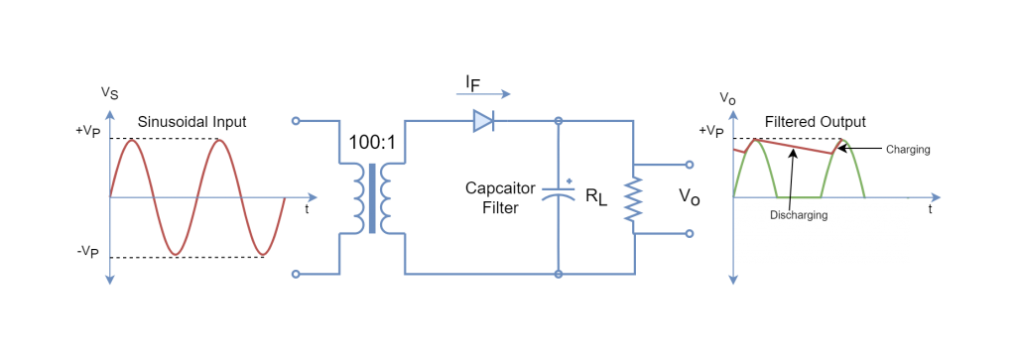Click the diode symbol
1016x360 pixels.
point(483,121)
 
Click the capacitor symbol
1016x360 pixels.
point(559,195)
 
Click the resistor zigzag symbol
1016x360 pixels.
point(632,198)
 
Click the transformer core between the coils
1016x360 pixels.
point(372,197)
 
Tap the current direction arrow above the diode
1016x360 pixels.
point(483,94)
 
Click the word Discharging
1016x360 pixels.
point(799,215)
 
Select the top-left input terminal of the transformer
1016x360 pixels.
point(296,121)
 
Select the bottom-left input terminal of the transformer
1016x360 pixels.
point(296,273)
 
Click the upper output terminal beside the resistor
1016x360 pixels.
point(690,165)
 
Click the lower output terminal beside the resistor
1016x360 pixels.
point(690,234)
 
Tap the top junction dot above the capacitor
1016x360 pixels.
point(559,121)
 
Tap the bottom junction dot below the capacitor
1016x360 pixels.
point(559,273)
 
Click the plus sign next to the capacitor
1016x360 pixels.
point(570,180)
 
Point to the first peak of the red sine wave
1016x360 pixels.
point(132,141)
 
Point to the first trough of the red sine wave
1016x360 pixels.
point(176,254)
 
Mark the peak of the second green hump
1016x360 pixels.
point(842,140)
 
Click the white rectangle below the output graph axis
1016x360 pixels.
point(822,238)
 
